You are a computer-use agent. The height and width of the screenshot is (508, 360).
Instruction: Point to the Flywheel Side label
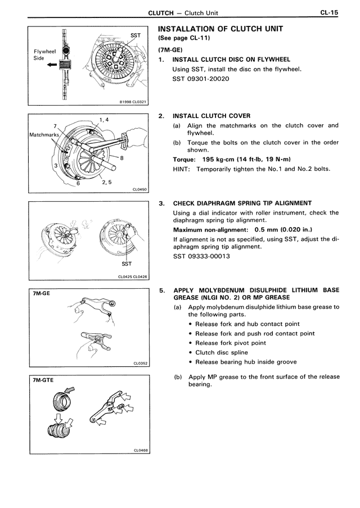click(x=45, y=54)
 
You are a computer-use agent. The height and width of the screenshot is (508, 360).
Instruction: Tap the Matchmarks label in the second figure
click(x=43, y=135)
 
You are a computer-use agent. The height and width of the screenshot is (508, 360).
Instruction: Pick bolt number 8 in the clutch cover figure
click(x=121, y=160)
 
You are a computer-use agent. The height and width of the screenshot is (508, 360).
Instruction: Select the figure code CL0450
click(x=140, y=189)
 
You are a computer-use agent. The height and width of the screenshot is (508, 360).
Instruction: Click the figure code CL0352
click(x=140, y=363)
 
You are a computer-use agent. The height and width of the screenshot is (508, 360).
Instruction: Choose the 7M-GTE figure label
click(x=43, y=380)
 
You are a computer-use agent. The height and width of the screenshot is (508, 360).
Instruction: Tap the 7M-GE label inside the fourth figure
click(x=42, y=293)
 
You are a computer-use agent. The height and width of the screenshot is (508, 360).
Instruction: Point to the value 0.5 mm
click(x=268, y=230)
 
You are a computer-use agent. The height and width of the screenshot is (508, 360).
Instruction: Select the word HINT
click(x=182, y=169)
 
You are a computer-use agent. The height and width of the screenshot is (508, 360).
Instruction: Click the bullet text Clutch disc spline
click(x=222, y=352)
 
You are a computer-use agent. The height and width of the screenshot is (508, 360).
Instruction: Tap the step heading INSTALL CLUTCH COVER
click(x=211, y=116)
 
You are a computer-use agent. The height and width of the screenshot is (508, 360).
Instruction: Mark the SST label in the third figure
click(x=126, y=263)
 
